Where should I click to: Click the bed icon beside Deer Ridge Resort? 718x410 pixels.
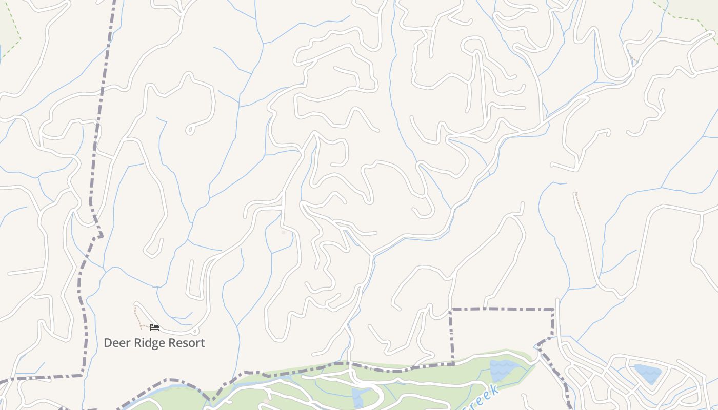point(154,327)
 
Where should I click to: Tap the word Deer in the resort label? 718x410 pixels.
point(115,343)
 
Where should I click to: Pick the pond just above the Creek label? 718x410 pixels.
point(505,370)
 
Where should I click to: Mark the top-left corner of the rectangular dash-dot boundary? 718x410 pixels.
point(451,310)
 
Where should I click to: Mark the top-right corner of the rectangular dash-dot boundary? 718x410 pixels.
point(554,310)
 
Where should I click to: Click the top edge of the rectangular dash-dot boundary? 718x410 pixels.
point(503,309)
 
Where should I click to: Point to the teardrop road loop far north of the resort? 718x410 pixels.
point(190,129)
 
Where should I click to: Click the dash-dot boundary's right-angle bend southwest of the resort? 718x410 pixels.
point(82,375)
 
